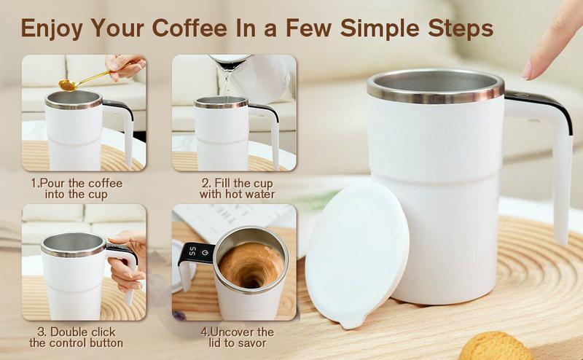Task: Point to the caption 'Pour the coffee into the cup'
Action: (77, 189)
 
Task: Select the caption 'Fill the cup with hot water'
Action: (237, 189)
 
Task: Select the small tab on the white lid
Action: (351, 321)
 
